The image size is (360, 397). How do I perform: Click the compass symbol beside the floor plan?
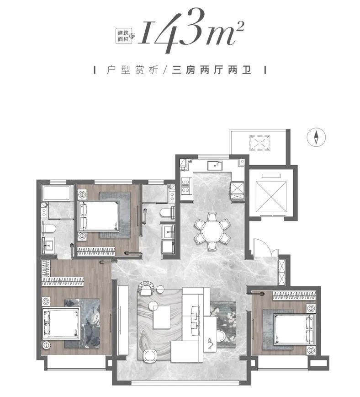point(316,137)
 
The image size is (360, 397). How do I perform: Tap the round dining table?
point(212,231)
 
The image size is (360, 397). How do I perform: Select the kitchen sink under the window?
point(215,166)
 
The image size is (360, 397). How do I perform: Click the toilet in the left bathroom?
point(48,228)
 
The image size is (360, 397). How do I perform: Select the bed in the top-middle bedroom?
point(98,216)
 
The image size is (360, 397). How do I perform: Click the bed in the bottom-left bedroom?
point(61,323)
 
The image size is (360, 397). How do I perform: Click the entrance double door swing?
point(265,247)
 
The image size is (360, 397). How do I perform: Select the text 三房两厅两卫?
point(212,70)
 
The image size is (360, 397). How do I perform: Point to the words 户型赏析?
point(132,70)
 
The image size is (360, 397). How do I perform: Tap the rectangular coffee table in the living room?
point(162,317)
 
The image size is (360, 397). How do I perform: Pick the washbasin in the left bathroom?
point(48,245)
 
